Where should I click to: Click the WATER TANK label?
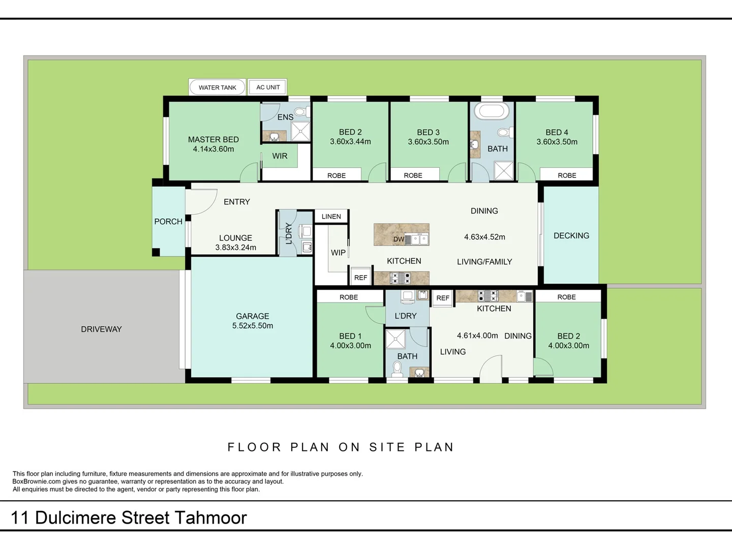point(217,87)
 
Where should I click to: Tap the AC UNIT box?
point(268,87)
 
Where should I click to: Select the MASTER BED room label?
point(213,139)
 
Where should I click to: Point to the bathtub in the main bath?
point(491,111)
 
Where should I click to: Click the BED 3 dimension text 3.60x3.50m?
point(428,142)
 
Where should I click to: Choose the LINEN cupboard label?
point(331,217)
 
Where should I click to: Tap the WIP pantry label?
point(338,253)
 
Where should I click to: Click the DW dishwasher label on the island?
point(399,239)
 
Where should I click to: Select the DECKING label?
point(571,236)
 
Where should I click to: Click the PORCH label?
point(168,222)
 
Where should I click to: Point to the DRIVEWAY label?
point(101,329)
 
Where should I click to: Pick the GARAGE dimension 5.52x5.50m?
point(253,326)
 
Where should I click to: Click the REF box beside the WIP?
point(360,278)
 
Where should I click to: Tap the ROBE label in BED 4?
point(567,175)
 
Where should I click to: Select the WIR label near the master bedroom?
point(280,156)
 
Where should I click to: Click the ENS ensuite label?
point(285,117)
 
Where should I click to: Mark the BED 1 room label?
point(350,336)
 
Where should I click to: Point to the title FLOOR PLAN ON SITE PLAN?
point(341,447)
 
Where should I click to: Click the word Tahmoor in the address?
point(211,518)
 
